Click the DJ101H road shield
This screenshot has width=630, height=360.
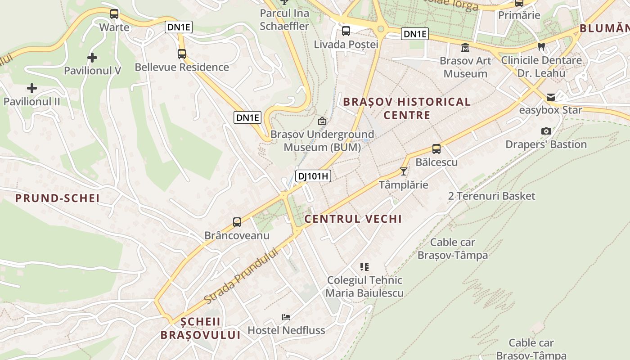(x=313, y=176)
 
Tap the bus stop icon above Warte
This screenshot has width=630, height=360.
(x=114, y=14)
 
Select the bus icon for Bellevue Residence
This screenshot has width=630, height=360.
(x=182, y=54)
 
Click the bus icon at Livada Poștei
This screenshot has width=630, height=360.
(x=346, y=31)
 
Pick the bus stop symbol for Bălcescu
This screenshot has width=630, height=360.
(x=436, y=149)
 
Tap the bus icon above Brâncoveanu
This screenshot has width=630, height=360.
(x=237, y=222)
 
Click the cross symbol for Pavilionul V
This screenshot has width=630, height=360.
(x=92, y=58)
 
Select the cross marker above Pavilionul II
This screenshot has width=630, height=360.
(x=31, y=88)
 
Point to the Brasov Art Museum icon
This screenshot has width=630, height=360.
(x=465, y=47)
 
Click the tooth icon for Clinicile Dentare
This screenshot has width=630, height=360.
(x=541, y=46)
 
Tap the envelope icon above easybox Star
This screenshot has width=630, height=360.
(x=551, y=97)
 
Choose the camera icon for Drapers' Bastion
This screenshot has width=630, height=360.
(x=546, y=131)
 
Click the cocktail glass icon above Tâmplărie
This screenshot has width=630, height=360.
(x=403, y=171)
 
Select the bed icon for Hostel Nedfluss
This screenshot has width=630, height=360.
(x=286, y=317)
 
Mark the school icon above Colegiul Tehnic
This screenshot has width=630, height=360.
(x=364, y=267)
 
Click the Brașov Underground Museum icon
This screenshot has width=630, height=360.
(x=322, y=121)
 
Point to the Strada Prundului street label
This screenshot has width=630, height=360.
(x=241, y=275)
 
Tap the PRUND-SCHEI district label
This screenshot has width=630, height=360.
(x=57, y=198)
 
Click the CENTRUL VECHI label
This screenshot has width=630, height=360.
(x=353, y=219)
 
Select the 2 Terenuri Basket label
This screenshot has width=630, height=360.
(x=492, y=196)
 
